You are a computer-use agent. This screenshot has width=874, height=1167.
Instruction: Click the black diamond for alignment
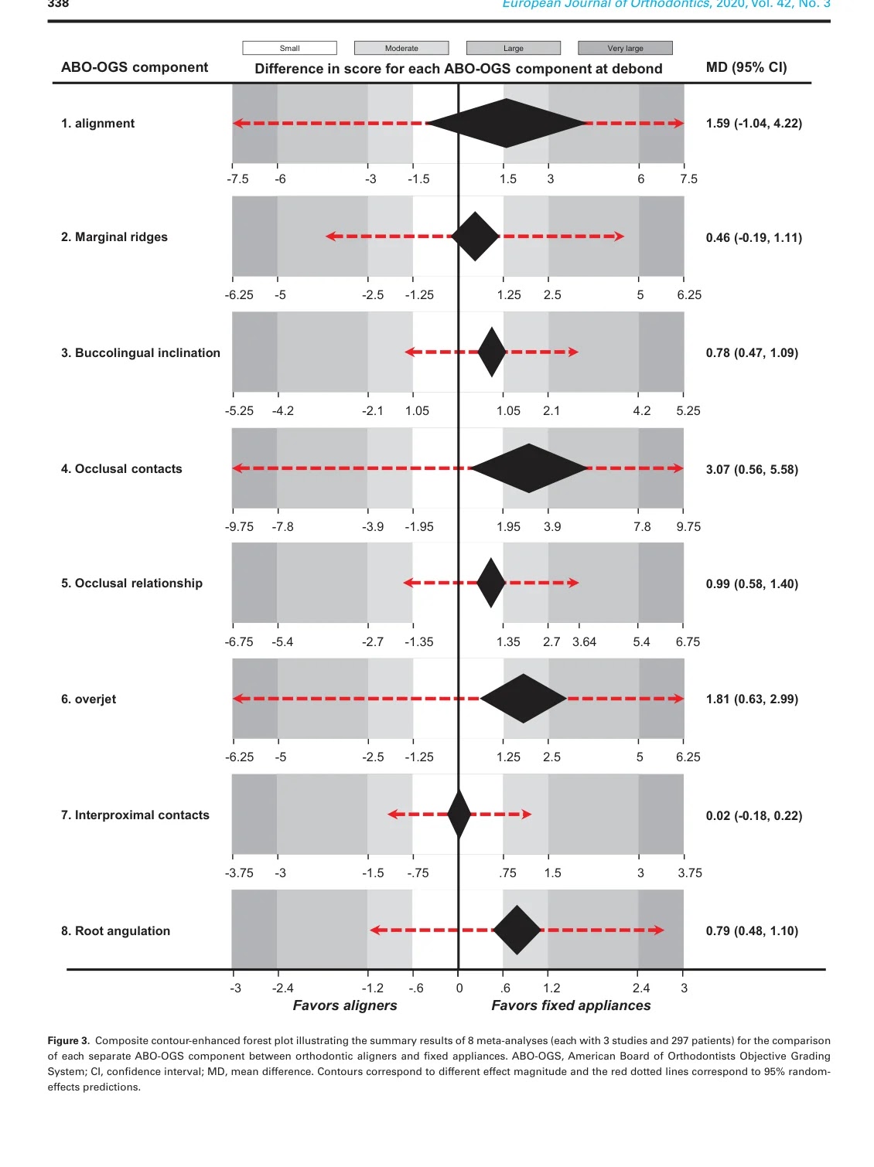click(507, 123)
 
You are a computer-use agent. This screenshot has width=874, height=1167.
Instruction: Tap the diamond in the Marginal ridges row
click(475, 236)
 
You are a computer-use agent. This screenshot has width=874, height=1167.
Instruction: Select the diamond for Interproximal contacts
click(459, 814)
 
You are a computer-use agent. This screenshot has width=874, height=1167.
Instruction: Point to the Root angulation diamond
click(517, 930)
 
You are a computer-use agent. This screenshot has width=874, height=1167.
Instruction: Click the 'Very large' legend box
click(625, 48)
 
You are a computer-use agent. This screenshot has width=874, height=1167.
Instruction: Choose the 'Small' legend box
click(289, 48)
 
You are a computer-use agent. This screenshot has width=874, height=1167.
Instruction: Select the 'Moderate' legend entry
click(401, 48)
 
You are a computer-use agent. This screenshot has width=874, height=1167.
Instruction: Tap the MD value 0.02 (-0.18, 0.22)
click(753, 815)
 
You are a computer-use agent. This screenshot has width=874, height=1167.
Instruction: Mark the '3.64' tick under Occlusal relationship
click(584, 641)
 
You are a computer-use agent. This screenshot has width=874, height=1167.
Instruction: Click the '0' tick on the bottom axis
click(459, 988)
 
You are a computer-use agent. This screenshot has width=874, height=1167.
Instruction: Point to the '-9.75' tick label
click(239, 526)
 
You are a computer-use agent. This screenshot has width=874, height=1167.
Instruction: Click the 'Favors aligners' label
click(345, 1005)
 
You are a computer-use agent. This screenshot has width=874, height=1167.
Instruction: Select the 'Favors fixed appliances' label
click(571, 1005)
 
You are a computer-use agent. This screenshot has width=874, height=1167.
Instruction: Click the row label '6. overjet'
click(89, 699)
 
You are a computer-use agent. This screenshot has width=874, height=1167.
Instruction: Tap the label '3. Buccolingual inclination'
click(141, 352)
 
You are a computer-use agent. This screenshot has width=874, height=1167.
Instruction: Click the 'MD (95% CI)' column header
click(746, 67)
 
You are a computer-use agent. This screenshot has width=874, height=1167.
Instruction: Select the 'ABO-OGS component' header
click(135, 67)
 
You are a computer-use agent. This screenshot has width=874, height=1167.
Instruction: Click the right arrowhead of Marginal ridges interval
click(620, 236)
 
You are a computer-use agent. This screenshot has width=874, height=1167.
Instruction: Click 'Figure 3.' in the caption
click(68, 1040)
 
